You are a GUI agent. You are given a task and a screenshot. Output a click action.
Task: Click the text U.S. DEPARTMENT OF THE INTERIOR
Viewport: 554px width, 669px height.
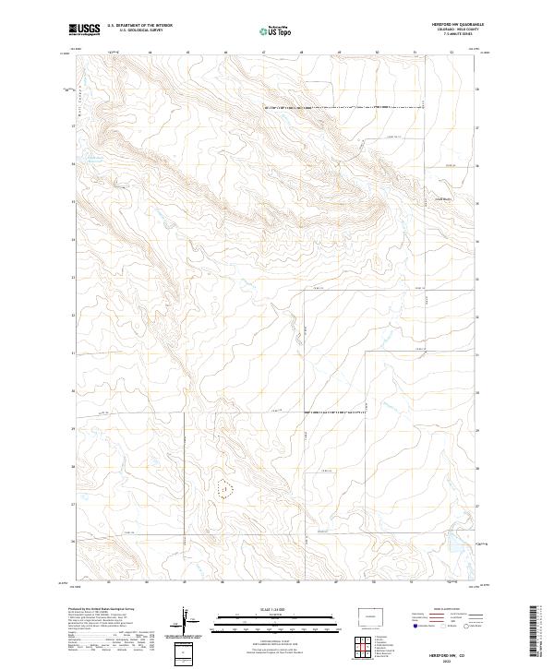pyautogui.click(x=139, y=26)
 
